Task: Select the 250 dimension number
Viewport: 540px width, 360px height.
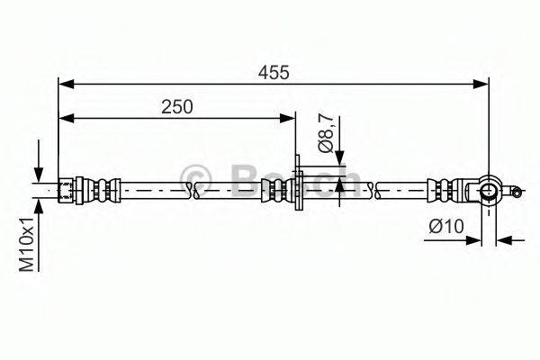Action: (x=177, y=106)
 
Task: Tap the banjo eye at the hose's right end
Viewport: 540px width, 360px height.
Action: (x=487, y=189)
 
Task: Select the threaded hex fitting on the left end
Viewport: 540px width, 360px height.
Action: (x=67, y=189)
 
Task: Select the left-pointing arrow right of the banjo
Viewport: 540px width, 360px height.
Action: (x=505, y=239)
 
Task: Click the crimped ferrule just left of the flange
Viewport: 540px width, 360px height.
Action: (x=272, y=188)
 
